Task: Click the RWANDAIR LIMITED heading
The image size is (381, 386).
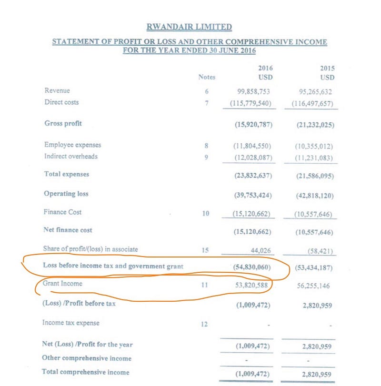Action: tap(190, 27)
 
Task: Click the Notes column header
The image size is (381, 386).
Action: tap(207, 77)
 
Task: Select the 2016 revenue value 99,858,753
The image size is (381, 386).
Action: tap(254, 91)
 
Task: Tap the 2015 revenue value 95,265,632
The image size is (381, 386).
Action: tap(313, 91)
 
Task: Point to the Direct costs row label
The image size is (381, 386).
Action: tap(61, 102)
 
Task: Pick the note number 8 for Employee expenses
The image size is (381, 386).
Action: tap(206, 145)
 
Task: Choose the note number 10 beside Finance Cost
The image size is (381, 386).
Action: tap(205, 213)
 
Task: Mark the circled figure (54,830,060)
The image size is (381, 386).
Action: tap(252, 267)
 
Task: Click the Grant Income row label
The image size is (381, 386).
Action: tap(62, 284)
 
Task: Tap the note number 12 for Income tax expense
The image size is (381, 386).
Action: tap(205, 324)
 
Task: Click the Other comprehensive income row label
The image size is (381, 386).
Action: tap(87, 358)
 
